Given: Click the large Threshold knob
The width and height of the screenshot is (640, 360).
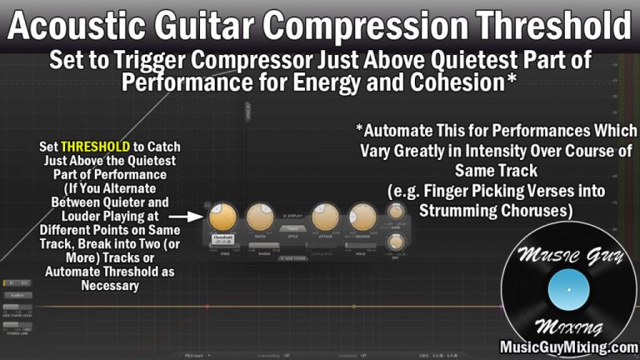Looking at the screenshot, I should [222, 217].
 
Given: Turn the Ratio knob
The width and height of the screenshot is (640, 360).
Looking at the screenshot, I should [259, 217].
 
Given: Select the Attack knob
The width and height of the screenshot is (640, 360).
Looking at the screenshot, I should [325, 217].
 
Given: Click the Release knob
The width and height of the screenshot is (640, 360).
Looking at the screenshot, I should [362, 217].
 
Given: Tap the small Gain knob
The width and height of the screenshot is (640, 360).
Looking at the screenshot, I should [396, 212].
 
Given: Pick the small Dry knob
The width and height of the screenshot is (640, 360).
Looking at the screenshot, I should [396, 242].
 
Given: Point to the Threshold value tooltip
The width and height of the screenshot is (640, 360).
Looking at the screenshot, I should [222, 238].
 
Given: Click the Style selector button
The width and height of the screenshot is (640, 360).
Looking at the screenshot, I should [292, 227].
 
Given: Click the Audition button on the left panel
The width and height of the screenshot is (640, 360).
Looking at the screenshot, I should [16, 294].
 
